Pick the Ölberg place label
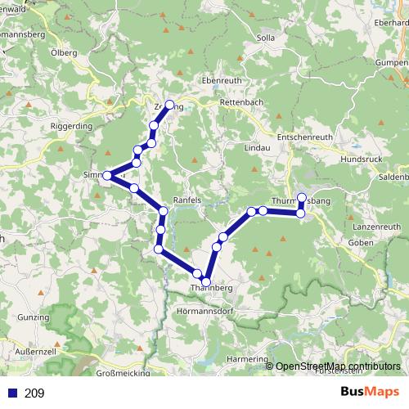[x=65, y=53]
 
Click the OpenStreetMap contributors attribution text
[x=339, y=366]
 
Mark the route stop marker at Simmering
[x=107, y=175]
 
